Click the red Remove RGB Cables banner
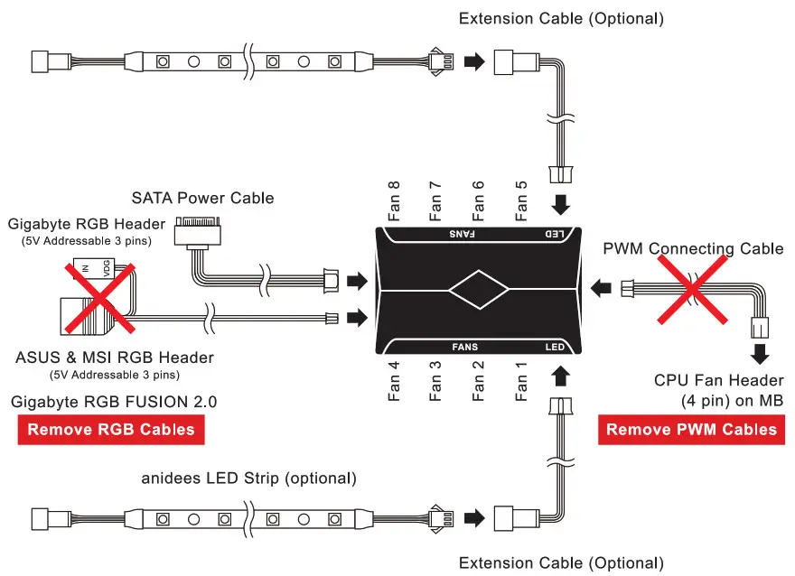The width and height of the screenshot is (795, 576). [111, 429]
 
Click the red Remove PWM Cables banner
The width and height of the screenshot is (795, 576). [691, 429]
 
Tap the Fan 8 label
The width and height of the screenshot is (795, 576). [393, 200]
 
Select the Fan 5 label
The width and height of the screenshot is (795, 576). [521, 200]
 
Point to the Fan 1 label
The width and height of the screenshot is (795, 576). [521, 381]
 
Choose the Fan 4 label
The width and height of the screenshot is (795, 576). [393, 381]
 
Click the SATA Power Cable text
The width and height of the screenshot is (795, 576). [202, 198]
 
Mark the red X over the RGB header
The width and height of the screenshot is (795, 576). [100, 294]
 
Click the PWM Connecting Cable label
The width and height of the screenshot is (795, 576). [693, 248]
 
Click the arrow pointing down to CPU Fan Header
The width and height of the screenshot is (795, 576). [760, 352]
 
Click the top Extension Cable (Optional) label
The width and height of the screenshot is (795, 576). [561, 18]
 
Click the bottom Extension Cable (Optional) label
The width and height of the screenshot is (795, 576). [561, 563]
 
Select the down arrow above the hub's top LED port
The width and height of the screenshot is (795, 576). [561, 206]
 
